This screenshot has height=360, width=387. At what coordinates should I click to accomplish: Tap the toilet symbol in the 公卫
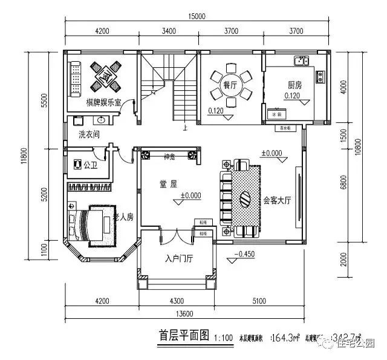point(76,164)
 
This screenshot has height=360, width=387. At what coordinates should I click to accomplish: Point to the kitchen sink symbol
point(301,61)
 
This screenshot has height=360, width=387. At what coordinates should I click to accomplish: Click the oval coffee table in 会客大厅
point(245,198)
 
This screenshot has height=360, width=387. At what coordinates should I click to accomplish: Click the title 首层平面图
point(183,334)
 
